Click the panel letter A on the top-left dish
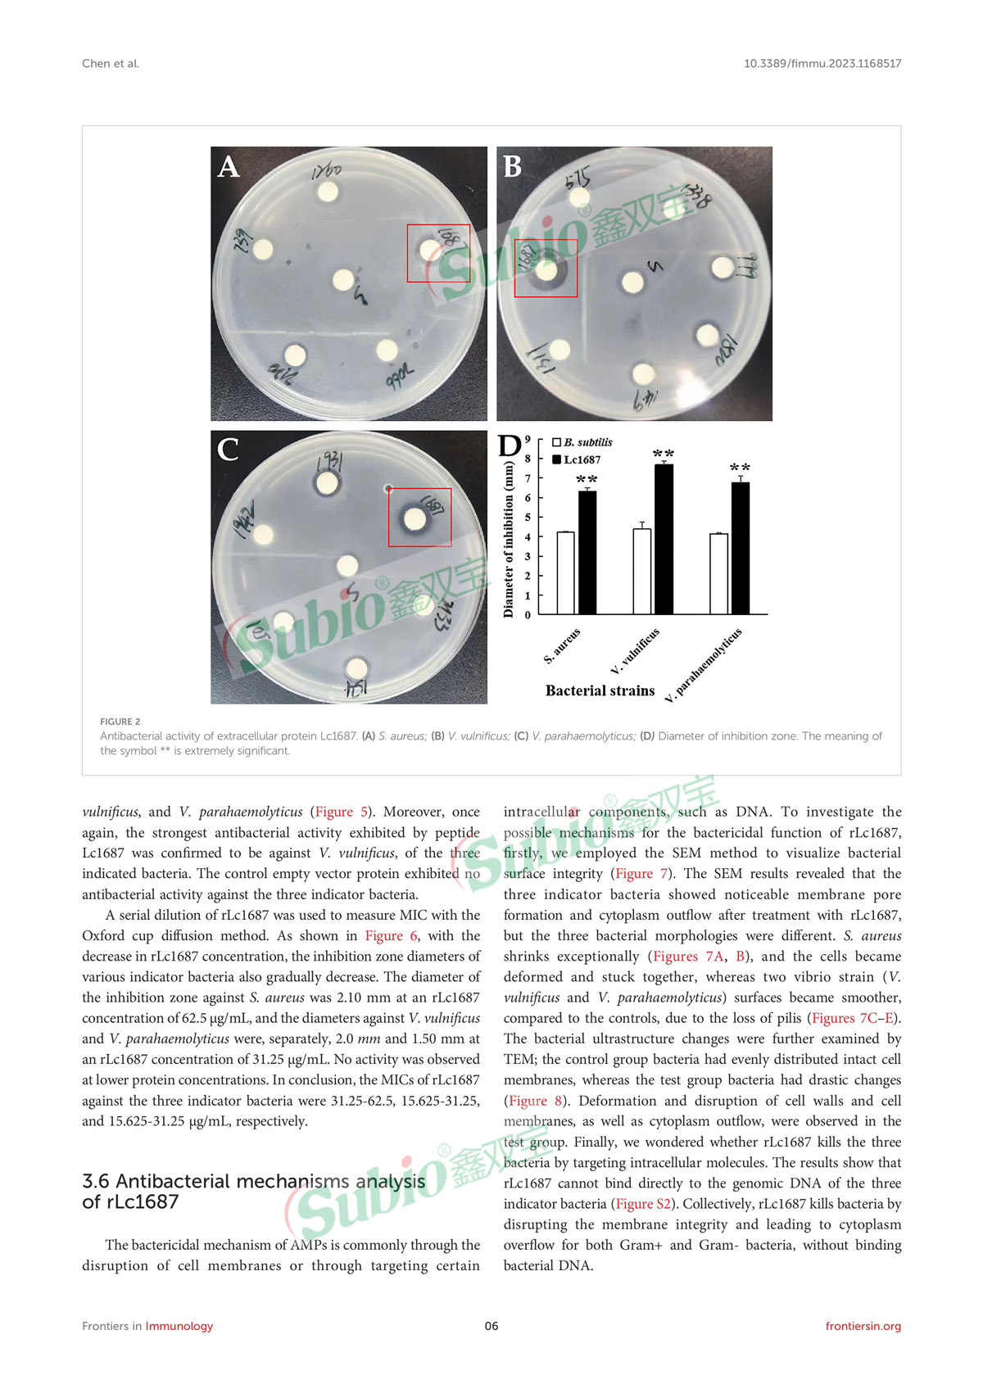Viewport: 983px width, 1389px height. coord(229,167)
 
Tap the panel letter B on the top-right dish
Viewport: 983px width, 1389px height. coord(512,167)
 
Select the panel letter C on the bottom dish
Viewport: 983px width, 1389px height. coord(228,450)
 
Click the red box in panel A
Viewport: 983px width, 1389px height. coord(439,253)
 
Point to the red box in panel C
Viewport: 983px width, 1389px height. coord(419,518)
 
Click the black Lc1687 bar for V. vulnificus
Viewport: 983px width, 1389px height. coord(664,539)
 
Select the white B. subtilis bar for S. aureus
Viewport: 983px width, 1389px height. coord(565,572)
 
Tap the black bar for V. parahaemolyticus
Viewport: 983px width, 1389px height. coord(741,548)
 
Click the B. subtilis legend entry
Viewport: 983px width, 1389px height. coord(582,442)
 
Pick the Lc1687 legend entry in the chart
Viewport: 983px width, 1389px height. coord(577,459)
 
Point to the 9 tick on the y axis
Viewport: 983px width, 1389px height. coord(528,440)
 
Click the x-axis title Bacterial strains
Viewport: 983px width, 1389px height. coord(600,690)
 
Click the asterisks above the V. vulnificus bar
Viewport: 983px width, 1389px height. coord(664,454)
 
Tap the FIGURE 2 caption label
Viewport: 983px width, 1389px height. coord(120,722)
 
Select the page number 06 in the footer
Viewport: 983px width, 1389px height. coord(491,1326)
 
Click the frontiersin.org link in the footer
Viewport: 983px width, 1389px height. coord(863,1326)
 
